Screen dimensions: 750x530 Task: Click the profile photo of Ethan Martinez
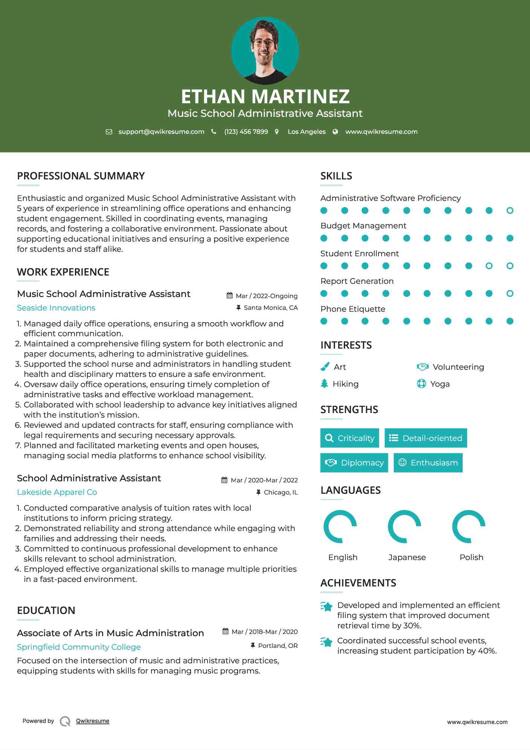[x=265, y=51]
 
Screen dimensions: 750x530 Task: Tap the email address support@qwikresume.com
[x=161, y=132]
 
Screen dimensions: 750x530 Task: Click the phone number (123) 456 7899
[x=246, y=132]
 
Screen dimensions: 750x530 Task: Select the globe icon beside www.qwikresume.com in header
[x=335, y=132]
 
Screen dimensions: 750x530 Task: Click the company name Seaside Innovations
[x=56, y=308]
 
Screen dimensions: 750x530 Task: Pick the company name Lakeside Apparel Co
[x=57, y=492]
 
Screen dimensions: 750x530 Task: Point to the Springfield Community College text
[x=79, y=647]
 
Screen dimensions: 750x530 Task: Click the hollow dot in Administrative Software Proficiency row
[x=510, y=211]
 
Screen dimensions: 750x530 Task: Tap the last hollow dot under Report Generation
[x=510, y=294]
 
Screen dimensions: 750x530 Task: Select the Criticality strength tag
[x=350, y=438]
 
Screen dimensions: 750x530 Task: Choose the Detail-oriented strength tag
[x=426, y=438]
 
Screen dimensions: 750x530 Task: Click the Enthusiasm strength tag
[x=428, y=463]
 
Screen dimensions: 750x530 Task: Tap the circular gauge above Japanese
[x=405, y=527]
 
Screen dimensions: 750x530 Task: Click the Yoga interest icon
[x=422, y=384]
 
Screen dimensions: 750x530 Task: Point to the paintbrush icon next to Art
[x=325, y=367]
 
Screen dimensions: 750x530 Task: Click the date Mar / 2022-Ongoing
[x=266, y=296]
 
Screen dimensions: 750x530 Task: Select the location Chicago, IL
[x=281, y=492]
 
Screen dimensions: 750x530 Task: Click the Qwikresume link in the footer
[x=93, y=721]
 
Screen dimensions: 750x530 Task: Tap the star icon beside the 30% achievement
[x=327, y=606]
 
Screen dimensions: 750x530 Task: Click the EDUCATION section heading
[x=46, y=611]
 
